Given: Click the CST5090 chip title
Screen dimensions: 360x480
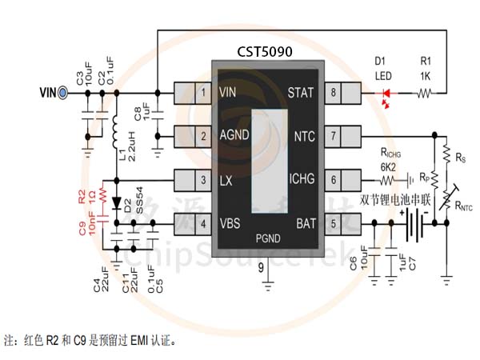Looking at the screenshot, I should (265, 51).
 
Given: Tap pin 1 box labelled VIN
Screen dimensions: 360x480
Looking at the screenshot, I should (205, 93).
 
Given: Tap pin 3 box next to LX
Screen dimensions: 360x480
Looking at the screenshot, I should (205, 179).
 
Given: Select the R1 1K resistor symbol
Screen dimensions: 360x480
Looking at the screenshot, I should (425, 94).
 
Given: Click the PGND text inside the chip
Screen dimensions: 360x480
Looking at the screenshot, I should (267, 238).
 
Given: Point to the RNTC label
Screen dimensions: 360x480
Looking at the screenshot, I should (462, 206).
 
